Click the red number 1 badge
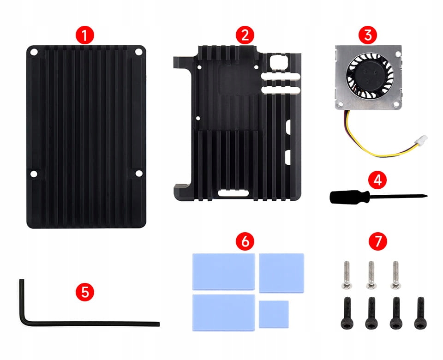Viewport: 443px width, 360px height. [x=84, y=35]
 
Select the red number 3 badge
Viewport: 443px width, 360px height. [x=367, y=35]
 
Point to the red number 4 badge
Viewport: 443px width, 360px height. [x=377, y=180]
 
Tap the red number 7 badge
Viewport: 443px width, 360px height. [x=377, y=241]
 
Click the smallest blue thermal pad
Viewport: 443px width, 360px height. [x=274, y=314]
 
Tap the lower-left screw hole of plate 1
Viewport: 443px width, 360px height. [x=34, y=174]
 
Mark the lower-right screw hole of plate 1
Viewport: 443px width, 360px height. [x=138, y=174]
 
